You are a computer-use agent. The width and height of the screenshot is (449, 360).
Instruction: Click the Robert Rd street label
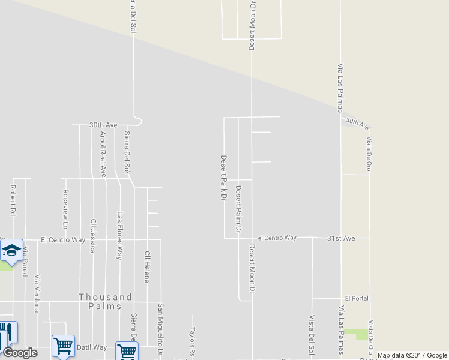click(13, 200)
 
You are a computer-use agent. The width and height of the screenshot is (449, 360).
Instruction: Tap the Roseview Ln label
click(65, 209)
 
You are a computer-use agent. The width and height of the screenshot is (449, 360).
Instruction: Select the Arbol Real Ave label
click(103, 154)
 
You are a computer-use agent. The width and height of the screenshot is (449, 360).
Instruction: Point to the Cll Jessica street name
click(93, 236)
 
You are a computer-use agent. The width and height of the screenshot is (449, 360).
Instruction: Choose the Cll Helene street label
click(146, 266)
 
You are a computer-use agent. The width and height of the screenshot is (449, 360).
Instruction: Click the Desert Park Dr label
click(223, 177)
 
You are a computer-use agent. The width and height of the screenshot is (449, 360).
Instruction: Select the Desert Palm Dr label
click(238, 209)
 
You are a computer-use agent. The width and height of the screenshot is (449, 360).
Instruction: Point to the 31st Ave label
click(341, 238)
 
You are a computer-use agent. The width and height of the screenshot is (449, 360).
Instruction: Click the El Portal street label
click(357, 298)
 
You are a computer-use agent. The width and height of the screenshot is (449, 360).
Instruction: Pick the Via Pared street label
click(25, 260)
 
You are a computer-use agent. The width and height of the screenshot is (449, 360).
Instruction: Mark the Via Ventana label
click(37, 293)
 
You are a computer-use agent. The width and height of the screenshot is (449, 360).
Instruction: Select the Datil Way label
click(92, 347)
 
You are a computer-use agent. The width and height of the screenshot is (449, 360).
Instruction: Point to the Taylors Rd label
click(193, 340)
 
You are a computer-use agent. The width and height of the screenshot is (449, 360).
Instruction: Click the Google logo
click(19, 353)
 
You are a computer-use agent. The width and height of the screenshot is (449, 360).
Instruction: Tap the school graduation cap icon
click(11, 251)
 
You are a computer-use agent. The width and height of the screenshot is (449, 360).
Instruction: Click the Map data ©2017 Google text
click(412, 355)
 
